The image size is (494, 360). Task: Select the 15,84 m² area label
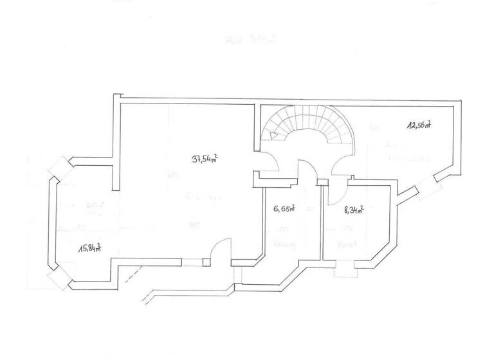(x=89, y=249)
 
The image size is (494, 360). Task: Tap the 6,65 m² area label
(x=283, y=208)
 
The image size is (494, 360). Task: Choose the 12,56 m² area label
(x=418, y=125)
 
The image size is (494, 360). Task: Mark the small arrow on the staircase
(x=275, y=136)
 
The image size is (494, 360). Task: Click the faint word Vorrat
(x=347, y=244)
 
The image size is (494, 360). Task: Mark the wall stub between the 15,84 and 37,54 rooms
(x=115, y=174)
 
